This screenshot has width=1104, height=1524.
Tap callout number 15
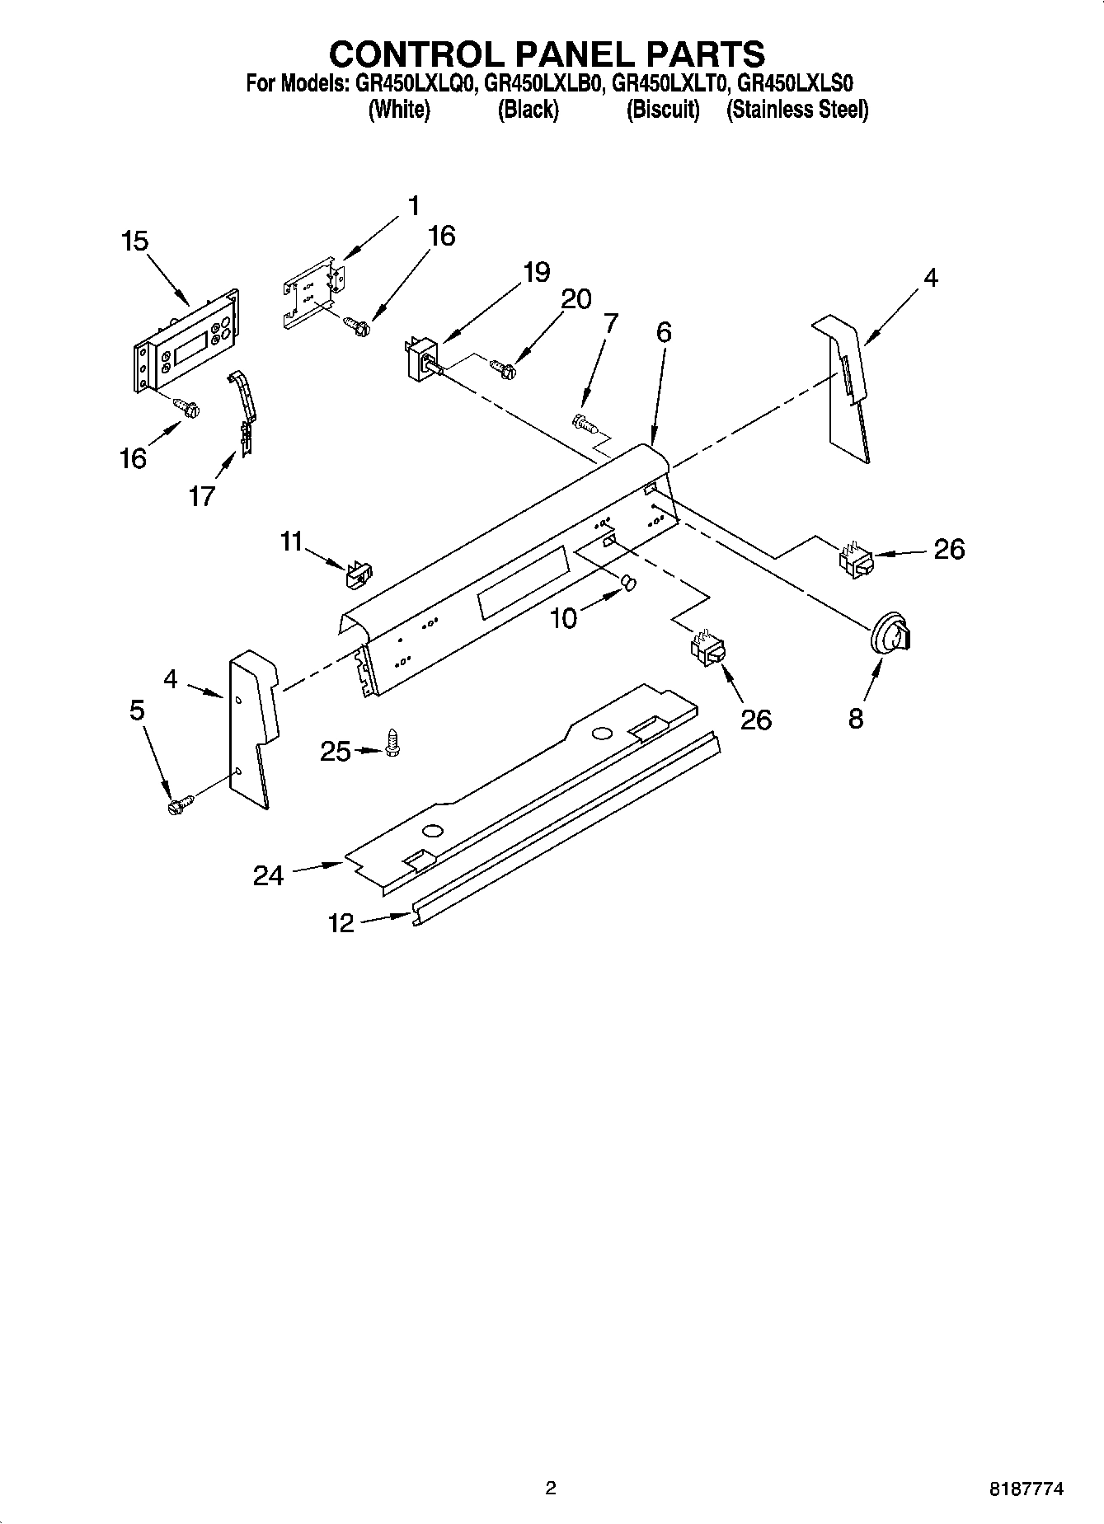click(134, 241)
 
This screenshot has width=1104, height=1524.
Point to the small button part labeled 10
click(630, 584)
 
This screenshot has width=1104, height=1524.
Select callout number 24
click(268, 875)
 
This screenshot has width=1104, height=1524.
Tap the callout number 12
click(341, 923)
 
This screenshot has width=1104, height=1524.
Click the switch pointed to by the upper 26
click(854, 560)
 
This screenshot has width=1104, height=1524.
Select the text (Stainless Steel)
click(796, 110)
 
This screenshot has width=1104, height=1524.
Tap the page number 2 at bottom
click(551, 1488)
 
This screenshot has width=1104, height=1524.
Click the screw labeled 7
click(584, 424)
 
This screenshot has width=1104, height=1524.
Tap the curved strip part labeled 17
click(242, 411)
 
